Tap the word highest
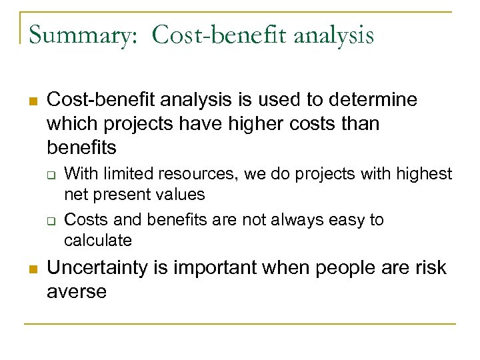coord(425,175)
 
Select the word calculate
coord(98,240)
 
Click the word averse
coord(77,292)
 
